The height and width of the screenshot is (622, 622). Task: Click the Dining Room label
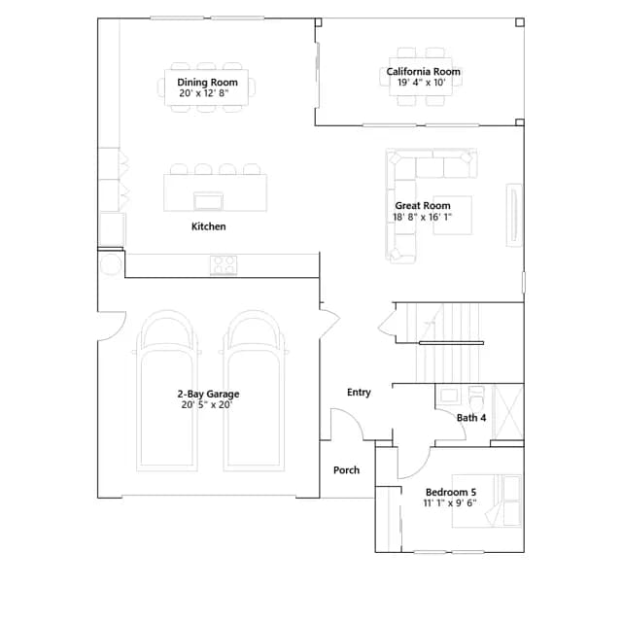pyautogui.click(x=207, y=82)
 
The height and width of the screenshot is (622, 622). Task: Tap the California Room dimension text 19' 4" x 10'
pyautogui.click(x=422, y=83)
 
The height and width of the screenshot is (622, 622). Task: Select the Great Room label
pyautogui.click(x=423, y=205)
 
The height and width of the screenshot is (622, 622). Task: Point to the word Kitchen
pyautogui.click(x=209, y=226)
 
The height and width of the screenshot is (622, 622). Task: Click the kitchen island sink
pyautogui.click(x=208, y=201)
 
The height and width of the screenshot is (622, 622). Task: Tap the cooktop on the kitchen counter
pyautogui.click(x=224, y=265)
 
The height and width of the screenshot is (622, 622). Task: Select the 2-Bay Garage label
pyautogui.click(x=208, y=394)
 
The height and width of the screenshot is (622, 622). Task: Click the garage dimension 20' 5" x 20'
pyautogui.click(x=207, y=405)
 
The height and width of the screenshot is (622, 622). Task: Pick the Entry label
pyautogui.click(x=359, y=393)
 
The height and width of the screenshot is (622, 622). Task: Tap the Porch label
pyautogui.click(x=346, y=470)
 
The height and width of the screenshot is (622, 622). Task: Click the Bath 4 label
pyautogui.click(x=471, y=418)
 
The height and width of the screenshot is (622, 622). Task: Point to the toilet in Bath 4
pyautogui.click(x=476, y=397)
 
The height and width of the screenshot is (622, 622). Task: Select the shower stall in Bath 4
pyautogui.click(x=507, y=412)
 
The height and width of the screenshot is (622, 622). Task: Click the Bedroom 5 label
pyautogui.click(x=451, y=493)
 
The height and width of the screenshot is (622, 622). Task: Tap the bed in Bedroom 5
pyautogui.click(x=487, y=501)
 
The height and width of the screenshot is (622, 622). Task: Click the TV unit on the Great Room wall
pyautogui.click(x=514, y=215)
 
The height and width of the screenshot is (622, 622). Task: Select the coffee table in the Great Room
pyautogui.click(x=453, y=215)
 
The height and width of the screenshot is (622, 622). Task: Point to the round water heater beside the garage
pyautogui.click(x=111, y=264)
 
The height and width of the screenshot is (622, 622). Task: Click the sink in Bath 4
pyautogui.click(x=449, y=396)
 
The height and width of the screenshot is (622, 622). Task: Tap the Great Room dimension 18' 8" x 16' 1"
pyautogui.click(x=422, y=217)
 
